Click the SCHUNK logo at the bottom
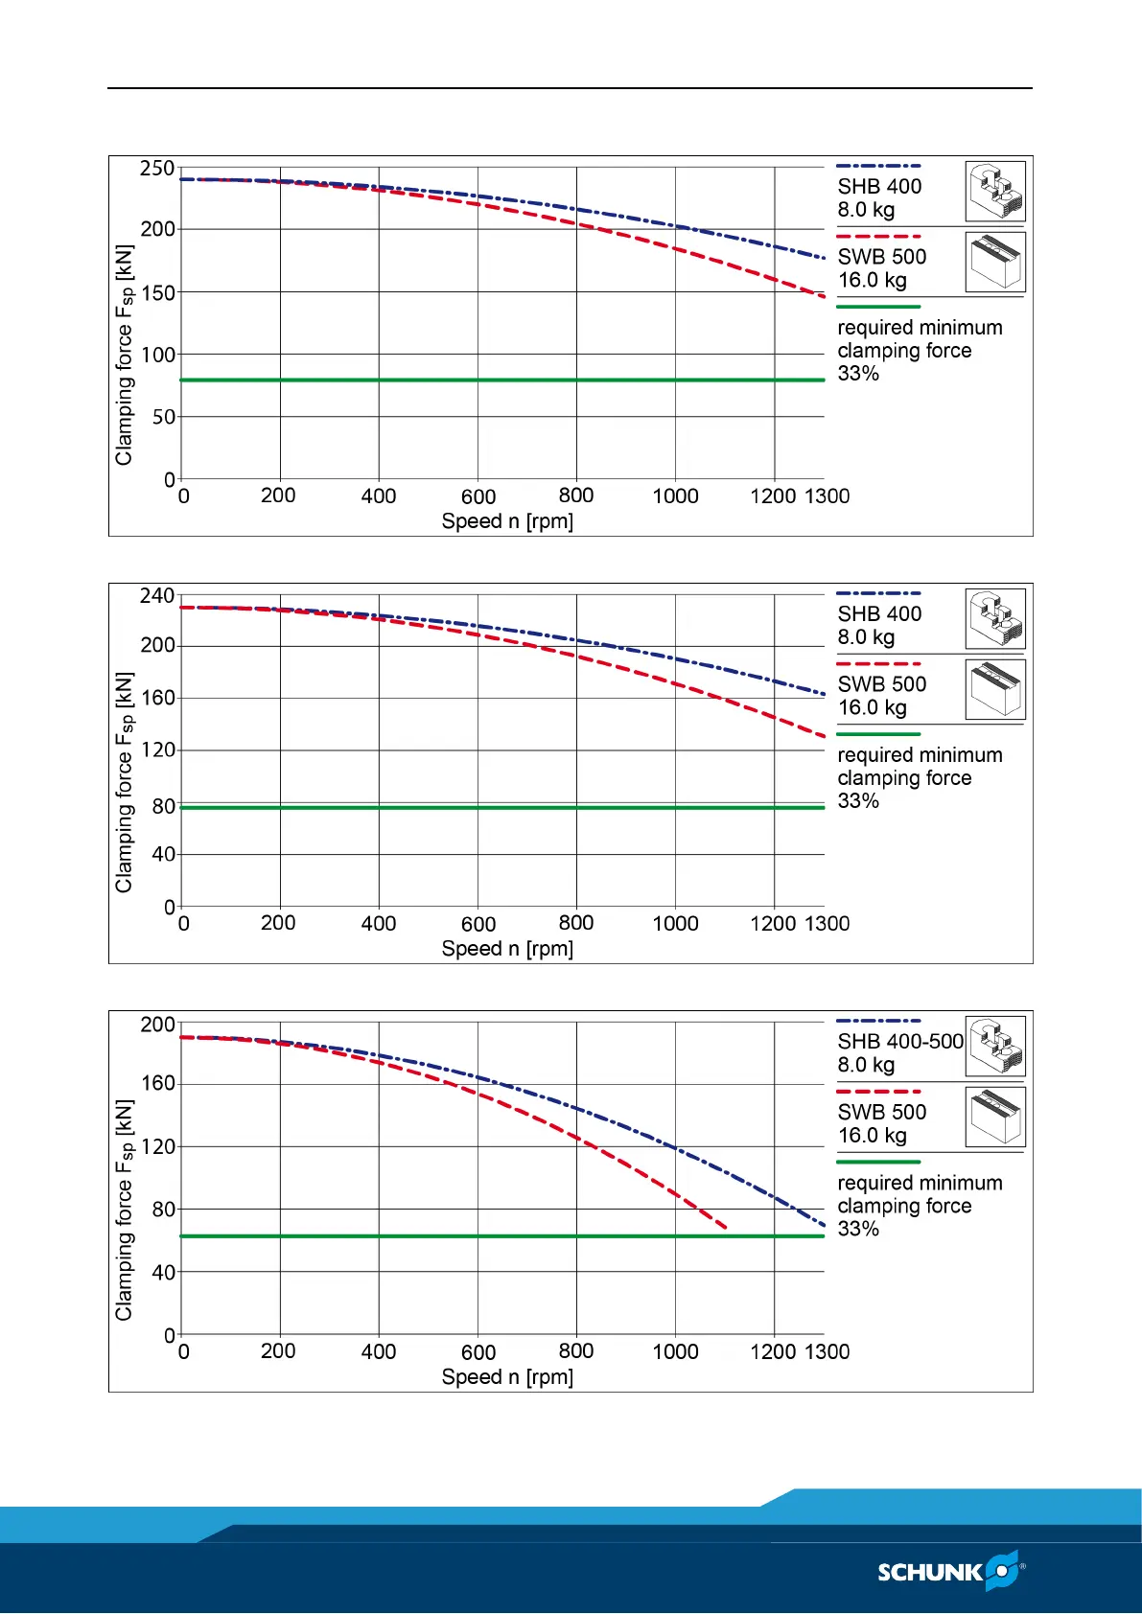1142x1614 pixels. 950,1572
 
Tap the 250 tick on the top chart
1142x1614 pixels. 157,169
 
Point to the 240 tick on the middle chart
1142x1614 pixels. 157,596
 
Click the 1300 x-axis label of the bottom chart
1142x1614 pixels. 827,1351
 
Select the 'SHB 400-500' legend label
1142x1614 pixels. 900,1042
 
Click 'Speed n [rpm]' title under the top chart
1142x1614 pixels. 507,521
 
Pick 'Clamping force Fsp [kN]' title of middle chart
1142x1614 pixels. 125,782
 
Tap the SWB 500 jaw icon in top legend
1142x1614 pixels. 995,262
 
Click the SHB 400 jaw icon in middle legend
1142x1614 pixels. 995,619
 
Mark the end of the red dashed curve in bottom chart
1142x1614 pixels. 726,1228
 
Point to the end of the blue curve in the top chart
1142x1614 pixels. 824,258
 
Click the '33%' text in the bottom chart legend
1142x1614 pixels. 858,1229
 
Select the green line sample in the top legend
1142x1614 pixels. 878,307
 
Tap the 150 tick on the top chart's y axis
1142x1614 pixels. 157,292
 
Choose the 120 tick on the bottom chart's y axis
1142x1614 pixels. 157,1146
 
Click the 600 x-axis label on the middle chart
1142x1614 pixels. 478,924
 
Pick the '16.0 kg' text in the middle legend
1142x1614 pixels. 872,707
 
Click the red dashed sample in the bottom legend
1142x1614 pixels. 878,1092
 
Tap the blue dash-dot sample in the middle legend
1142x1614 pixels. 878,593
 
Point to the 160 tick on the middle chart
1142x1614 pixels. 157,698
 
